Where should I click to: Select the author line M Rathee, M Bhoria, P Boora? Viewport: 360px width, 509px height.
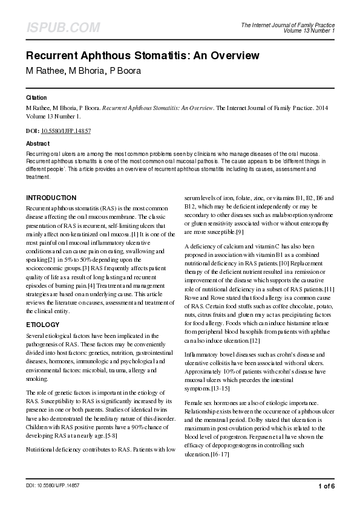click(x=83, y=70)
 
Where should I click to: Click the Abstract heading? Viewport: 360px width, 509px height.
click(x=38, y=144)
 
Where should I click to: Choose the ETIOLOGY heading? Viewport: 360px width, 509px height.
click(x=43, y=325)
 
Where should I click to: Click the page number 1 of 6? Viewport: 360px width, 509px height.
click(x=326, y=486)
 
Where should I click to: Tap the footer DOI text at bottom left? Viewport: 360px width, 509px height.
click(x=53, y=486)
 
